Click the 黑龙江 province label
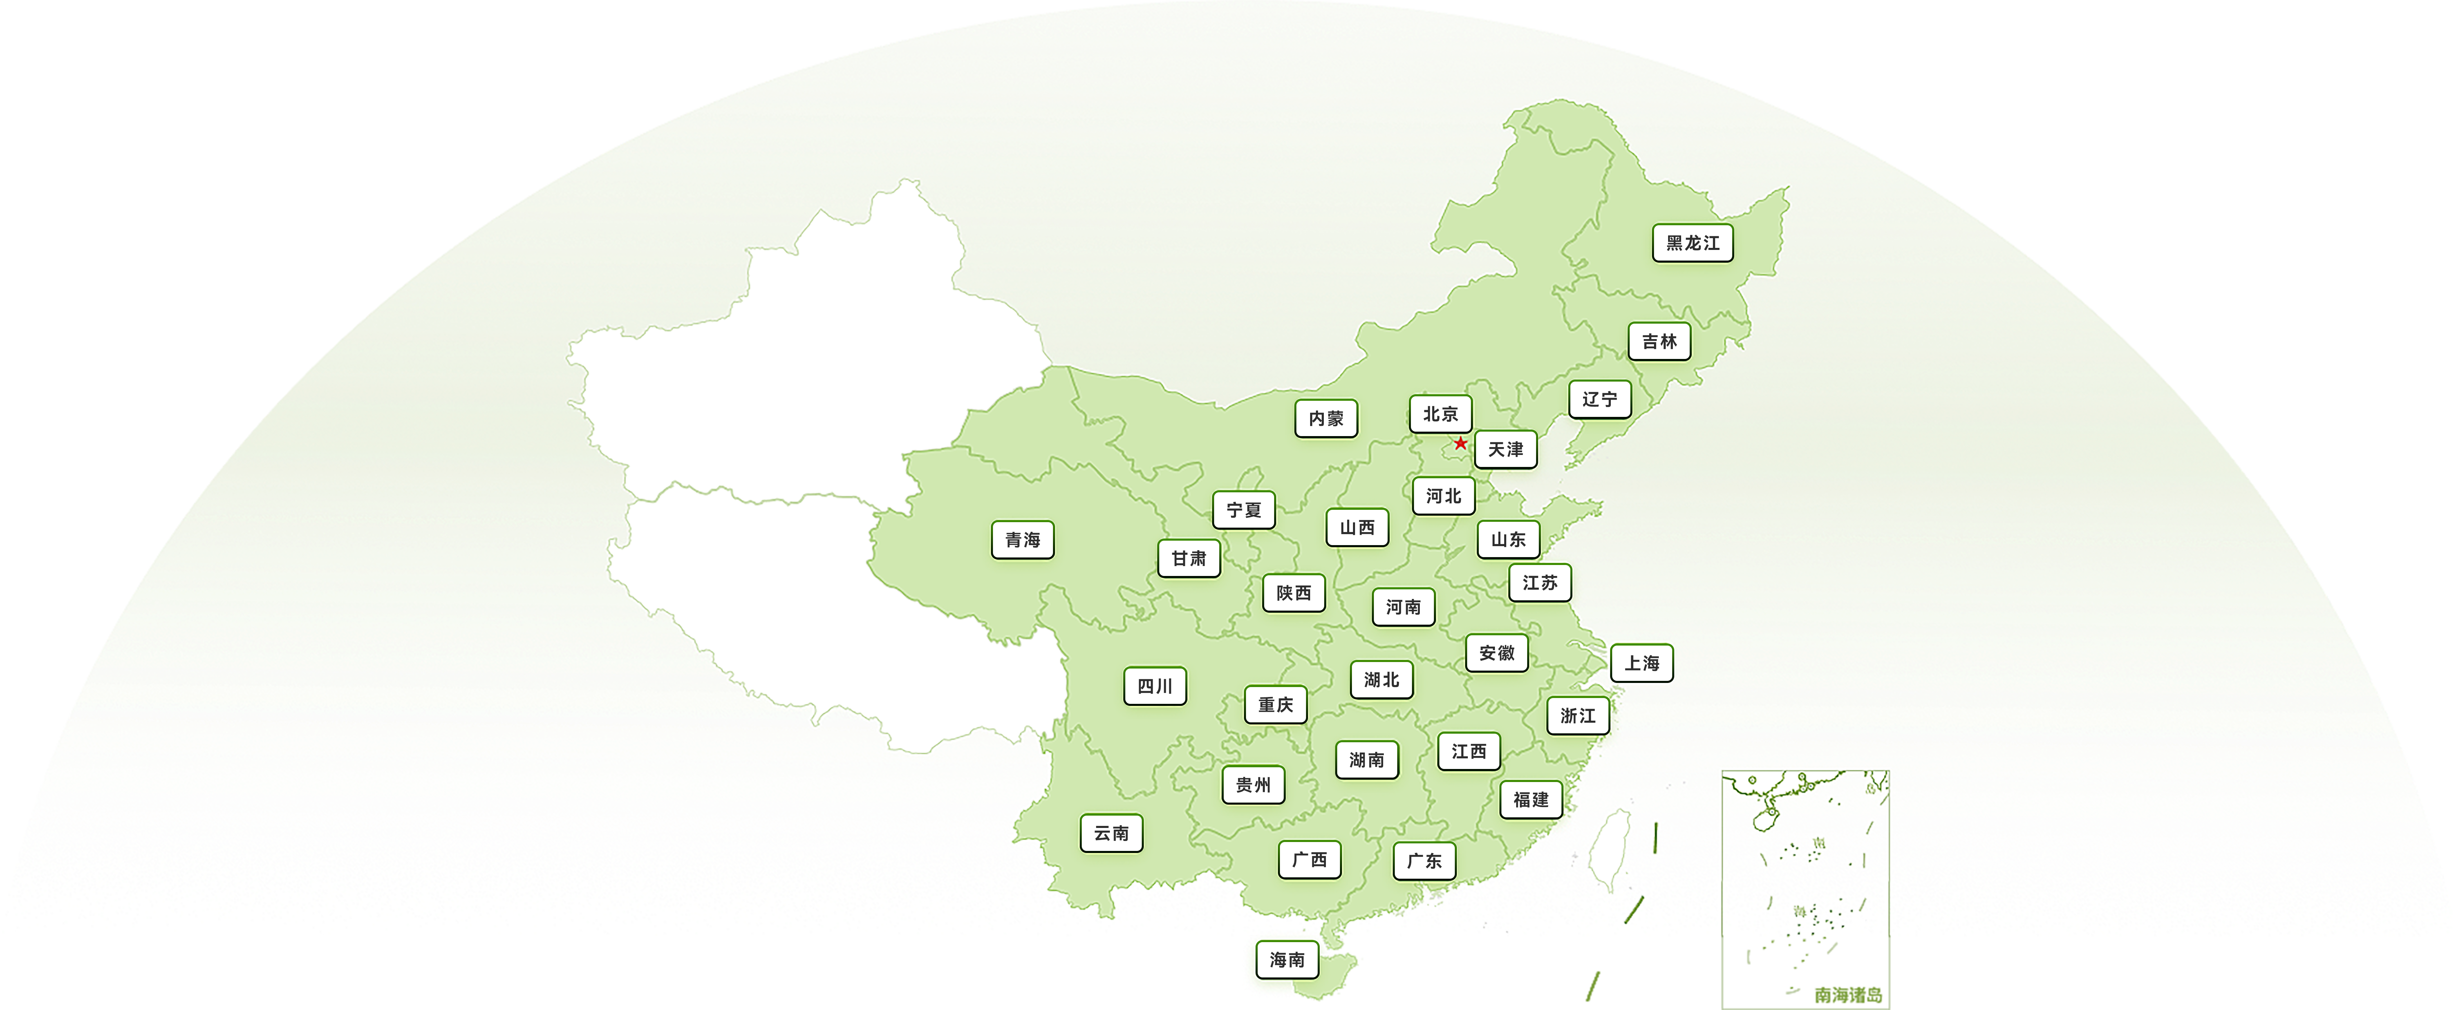(1692, 243)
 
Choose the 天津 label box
(1506, 449)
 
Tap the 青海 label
(1022, 540)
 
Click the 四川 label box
(1154, 686)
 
